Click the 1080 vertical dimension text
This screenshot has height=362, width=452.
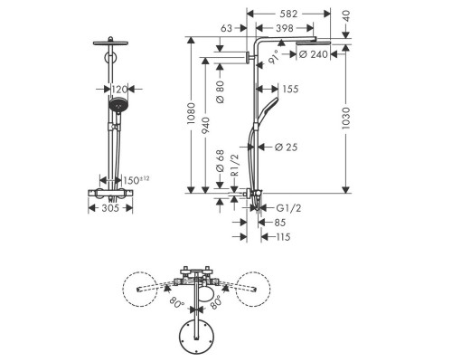pyautogui.click(x=192, y=115)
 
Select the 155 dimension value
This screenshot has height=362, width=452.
pyautogui.click(x=290, y=89)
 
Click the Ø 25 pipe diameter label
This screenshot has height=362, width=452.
pyautogui.click(x=287, y=146)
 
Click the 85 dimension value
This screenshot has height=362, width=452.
pyautogui.click(x=280, y=222)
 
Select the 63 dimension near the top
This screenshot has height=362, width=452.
pyautogui.click(x=226, y=29)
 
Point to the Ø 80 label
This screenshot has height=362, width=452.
pyautogui.click(x=221, y=90)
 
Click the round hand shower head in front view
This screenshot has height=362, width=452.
pyautogui.click(x=115, y=111)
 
